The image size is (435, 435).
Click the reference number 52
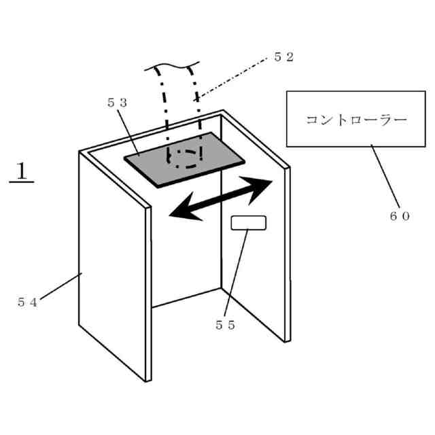(284, 57)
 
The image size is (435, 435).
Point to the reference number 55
(226, 325)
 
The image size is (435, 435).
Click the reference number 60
(400, 215)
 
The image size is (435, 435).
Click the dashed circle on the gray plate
(185, 156)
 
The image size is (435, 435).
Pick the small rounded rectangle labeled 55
(249, 223)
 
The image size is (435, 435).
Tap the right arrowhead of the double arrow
(262, 185)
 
